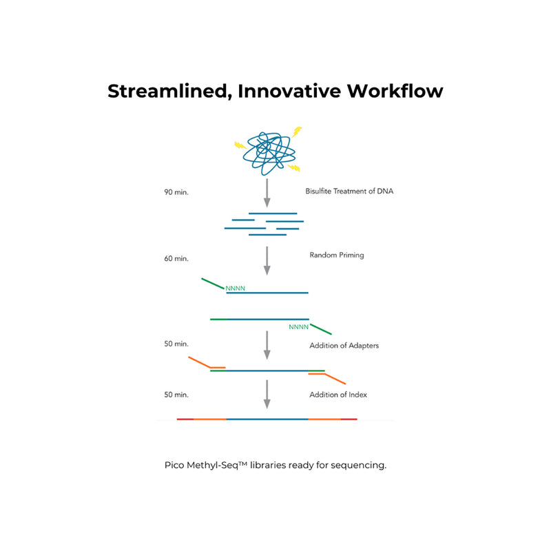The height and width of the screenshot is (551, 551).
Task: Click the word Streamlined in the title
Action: click(x=170, y=92)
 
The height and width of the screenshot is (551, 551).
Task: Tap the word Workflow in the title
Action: click(x=395, y=91)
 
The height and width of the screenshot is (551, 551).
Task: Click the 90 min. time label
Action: click(x=176, y=192)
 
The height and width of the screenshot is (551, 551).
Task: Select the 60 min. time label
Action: click(x=176, y=259)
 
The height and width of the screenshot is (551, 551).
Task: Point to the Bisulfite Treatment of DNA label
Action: click(x=349, y=191)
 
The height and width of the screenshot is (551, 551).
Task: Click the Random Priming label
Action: click(x=337, y=255)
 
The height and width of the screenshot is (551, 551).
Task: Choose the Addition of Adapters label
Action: click(x=344, y=346)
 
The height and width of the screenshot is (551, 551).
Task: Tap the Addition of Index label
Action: click(x=338, y=395)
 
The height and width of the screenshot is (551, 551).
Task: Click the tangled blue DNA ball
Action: click(x=269, y=153)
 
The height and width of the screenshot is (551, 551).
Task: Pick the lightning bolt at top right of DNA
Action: click(x=297, y=132)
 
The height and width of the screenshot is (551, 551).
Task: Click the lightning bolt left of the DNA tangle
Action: click(x=240, y=145)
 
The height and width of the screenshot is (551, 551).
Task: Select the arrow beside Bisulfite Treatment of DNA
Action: click(x=267, y=193)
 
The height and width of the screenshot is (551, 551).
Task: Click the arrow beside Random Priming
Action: click(x=267, y=261)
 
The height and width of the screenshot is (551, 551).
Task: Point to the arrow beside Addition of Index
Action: click(x=267, y=394)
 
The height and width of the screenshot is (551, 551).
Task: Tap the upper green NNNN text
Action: click(x=235, y=289)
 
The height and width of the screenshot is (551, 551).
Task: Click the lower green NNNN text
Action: click(x=299, y=327)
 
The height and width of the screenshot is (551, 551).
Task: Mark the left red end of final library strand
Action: click(x=185, y=419)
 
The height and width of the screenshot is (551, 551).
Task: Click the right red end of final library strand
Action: click(x=349, y=419)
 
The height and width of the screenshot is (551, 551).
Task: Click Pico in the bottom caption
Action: click(x=174, y=466)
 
